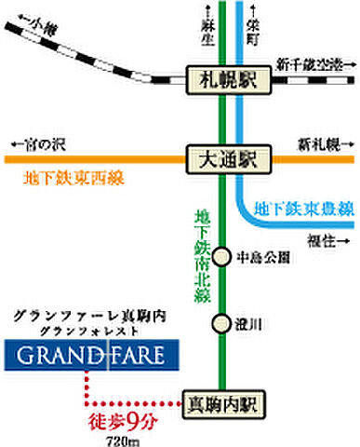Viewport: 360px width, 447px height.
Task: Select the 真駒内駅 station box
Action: [226, 405]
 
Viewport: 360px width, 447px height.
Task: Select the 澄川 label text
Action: [250, 324]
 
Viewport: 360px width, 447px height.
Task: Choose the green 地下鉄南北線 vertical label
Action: [203, 247]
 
